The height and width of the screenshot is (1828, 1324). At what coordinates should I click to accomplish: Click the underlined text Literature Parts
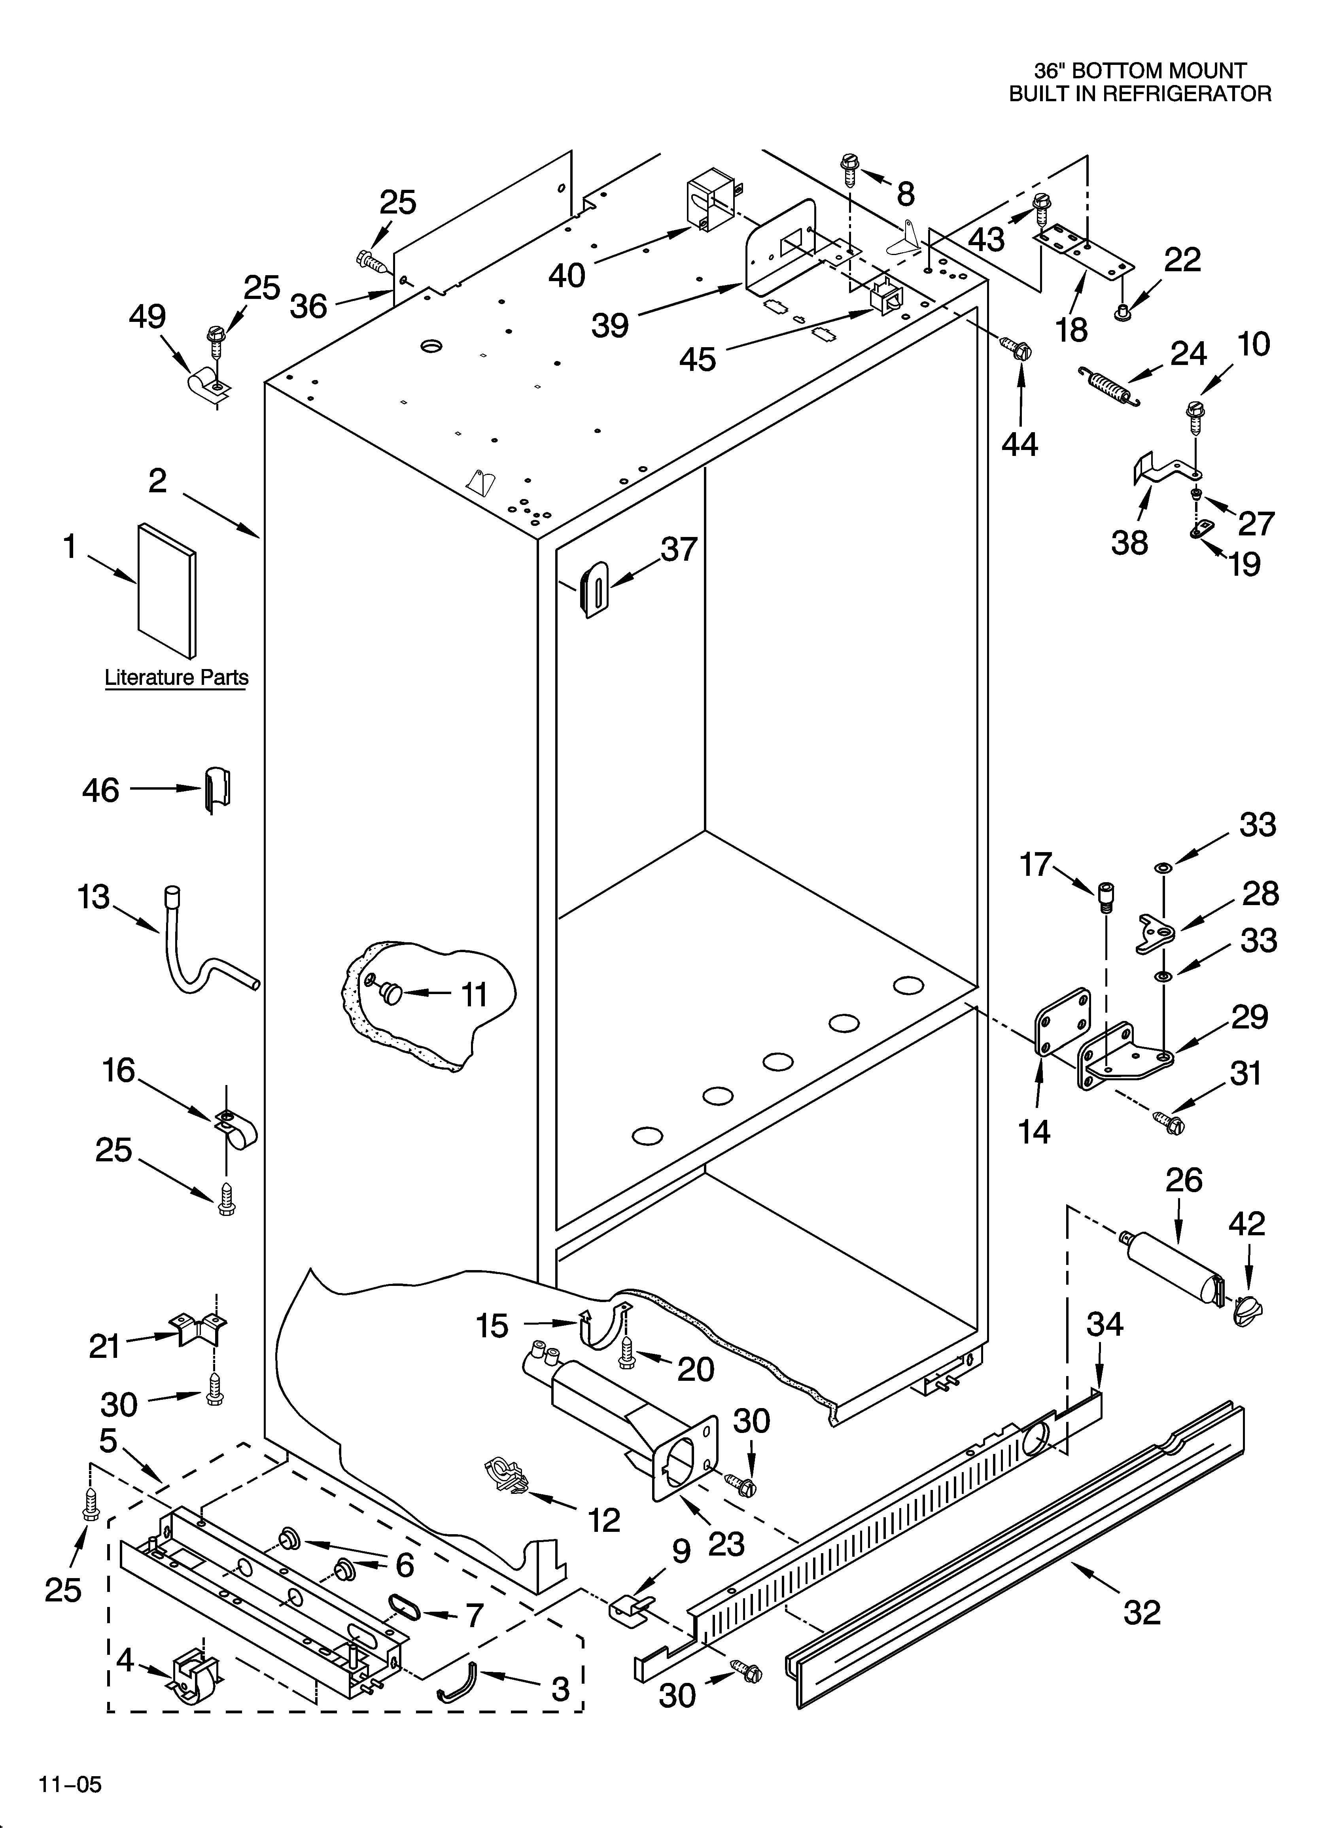pos(177,678)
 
